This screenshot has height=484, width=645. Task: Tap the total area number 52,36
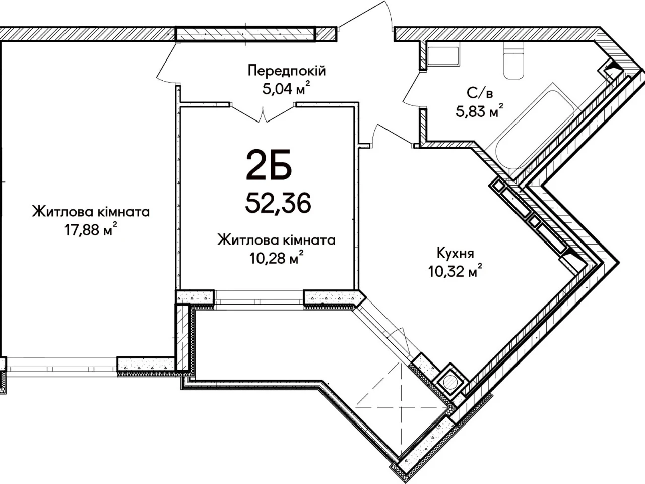coord(278,203)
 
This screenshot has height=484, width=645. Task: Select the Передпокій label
coord(287,71)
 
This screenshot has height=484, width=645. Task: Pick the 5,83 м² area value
coord(480,110)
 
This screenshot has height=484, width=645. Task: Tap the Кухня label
coord(456,253)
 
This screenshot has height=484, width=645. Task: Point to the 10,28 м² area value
coord(277,258)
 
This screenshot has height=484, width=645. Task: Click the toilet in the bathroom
coord(513,60)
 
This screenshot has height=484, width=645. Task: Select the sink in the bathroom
coord(443,56)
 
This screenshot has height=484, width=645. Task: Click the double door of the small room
coord(263,112)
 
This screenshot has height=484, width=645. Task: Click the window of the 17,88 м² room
coord(61,368)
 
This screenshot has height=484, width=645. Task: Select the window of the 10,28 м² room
coord(259,299)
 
